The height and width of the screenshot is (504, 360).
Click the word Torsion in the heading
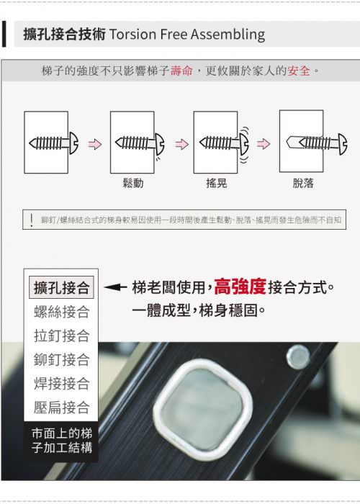(x=133, y=34)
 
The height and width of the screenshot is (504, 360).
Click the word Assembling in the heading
(x=228, y=35)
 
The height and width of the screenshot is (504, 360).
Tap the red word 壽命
(x=181, y=71)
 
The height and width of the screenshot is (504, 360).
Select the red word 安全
(x=299, y=71)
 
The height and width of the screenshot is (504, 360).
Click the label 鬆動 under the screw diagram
(x=133, y=183)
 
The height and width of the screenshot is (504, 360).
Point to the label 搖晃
(x=217, y=183)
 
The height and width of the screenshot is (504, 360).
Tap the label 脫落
(x=303, y=183)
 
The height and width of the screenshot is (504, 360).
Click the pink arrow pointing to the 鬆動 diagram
(x=95, y=144)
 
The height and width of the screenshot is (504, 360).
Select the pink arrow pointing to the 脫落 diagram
(x=264, y=144)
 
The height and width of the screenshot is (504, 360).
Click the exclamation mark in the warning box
(x=32, y=220)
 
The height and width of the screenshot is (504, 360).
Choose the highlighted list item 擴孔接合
(x=61, y=287)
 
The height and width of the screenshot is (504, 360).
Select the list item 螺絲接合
(x=61, y=312)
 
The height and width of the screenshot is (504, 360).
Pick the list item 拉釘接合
(x=61, y=336)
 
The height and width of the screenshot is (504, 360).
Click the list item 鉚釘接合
(x=61, y=360)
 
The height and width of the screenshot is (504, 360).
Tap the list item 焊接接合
(x=61, y=384)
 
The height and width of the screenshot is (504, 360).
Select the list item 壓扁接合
(x=61, y=408)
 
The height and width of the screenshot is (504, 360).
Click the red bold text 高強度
(x=240, y=287)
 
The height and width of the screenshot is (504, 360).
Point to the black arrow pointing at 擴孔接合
(x=115, y=287)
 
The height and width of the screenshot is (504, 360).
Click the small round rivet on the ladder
(x=298, y=357)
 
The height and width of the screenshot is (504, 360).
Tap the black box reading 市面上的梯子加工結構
(x=61, y=441)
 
